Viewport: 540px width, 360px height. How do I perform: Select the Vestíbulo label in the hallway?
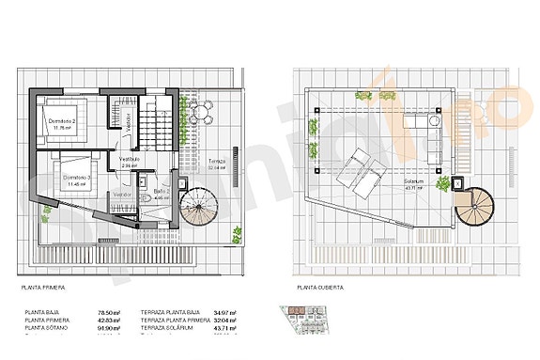click(x=128, y=159)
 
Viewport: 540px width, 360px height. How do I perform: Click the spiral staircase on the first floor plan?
click(x=199, y=206)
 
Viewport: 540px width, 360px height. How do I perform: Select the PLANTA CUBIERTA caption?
click(x=320, y=286)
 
